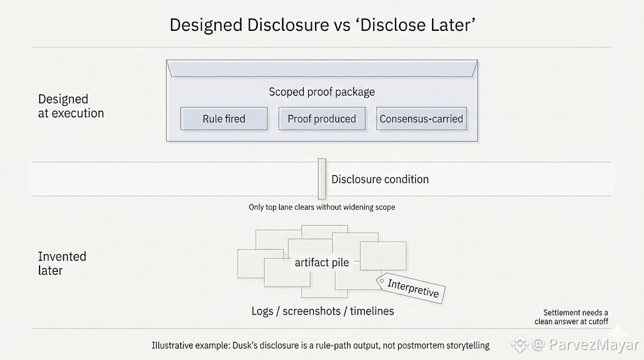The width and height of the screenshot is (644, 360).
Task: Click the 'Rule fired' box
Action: click(x=224, y=118)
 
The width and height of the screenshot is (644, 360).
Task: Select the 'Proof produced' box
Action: click(x=321, y=118)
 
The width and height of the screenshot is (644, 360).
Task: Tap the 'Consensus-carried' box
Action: click(x=421, y=118)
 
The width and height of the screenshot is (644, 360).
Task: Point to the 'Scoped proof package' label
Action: click(x=321, y=92)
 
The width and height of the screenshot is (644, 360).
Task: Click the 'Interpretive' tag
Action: click(x=413, y=288)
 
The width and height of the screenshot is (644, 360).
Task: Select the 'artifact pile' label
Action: click(x=321, y=262)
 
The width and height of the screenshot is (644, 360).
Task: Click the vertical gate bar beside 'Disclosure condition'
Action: click(x=321, y=179)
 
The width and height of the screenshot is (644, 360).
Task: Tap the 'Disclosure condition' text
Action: click(x=380, y=179)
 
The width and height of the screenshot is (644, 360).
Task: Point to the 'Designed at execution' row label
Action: click(x=70, y=106)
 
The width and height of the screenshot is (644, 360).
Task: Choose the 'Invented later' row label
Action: click(x=62, y=263)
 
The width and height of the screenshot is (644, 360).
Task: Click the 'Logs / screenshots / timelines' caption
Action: click(x=323, y=311)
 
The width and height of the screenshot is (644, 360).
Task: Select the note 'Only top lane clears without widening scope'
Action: click(x=321, y=207)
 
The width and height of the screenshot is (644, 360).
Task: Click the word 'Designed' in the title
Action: click(x=206, y=25)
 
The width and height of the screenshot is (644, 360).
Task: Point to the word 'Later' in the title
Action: click(x=448, y=25)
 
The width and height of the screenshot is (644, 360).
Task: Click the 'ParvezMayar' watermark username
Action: click(x=593, y=345)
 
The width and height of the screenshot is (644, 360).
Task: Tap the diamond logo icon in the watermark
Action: click(x=519, y=345)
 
